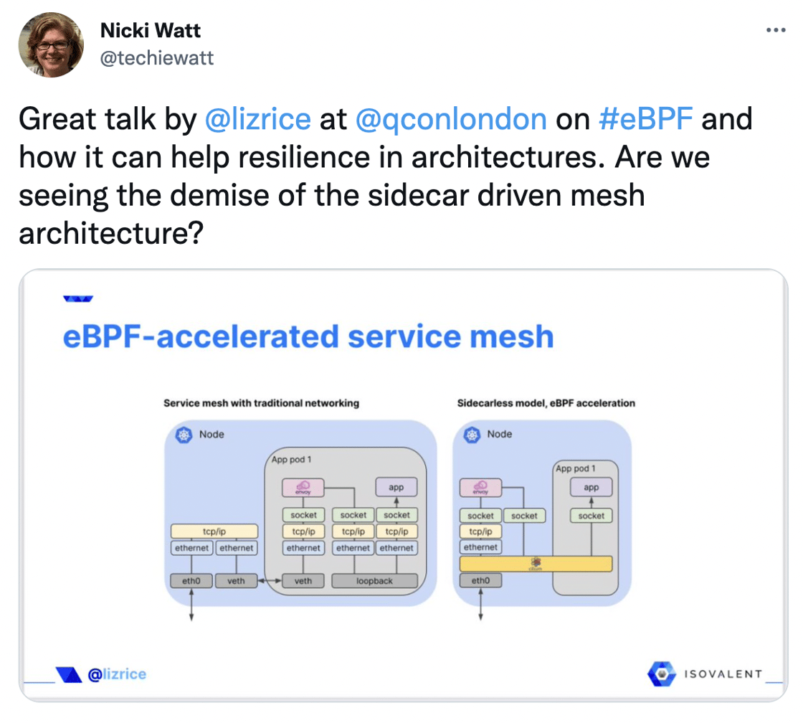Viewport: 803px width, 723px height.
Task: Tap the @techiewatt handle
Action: (157, 58)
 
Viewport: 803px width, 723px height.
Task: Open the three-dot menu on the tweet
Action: (776, 31)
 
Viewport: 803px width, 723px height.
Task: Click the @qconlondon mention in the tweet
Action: (451, 119)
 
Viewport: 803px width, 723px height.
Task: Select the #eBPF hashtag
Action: (645, 119)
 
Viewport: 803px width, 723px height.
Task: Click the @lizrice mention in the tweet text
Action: (257, 119)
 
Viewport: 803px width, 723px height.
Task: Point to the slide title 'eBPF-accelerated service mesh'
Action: (308, 336)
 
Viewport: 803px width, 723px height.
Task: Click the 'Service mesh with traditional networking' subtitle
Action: (261, 403)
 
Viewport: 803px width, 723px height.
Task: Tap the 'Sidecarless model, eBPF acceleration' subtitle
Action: (546, 403)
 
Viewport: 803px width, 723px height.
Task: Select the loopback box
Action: (374, 581)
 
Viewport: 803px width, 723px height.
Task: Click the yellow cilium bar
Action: (536, 564)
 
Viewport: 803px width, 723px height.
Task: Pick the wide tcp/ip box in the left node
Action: (214, 531)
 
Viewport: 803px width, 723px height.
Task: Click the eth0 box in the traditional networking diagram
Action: (191, 581)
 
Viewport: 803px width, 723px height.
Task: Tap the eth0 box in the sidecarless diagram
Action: (480, 581)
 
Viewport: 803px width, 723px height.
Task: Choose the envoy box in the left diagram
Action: (303, 488)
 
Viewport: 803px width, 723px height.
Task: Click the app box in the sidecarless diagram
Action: (591, 488)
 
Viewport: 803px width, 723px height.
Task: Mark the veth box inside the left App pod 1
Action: (303, 581)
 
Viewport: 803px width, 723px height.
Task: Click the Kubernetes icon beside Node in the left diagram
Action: (185, 435)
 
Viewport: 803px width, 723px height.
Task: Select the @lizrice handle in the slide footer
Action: (116, 674)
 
